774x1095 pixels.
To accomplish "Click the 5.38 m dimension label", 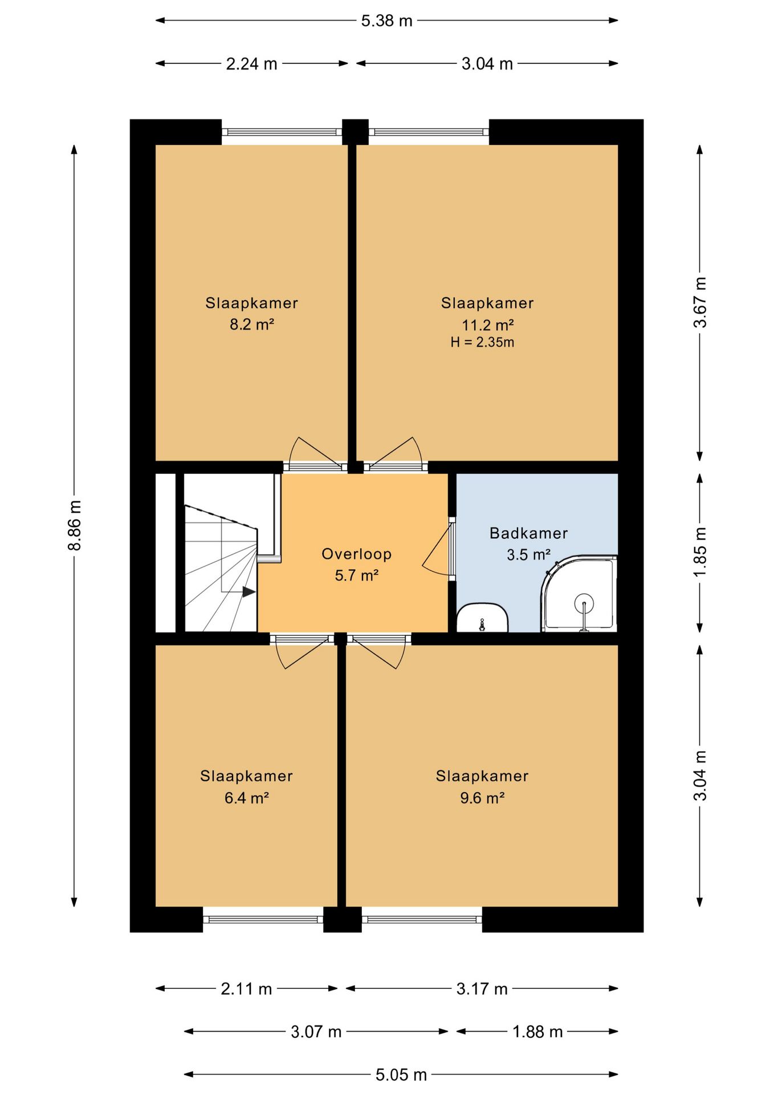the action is [x=386, y=21].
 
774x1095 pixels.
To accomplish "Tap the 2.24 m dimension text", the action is [x=251, y=64].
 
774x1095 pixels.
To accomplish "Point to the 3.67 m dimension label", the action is [x=700, y=302].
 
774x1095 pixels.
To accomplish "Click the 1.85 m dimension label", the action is [x=700, y=552].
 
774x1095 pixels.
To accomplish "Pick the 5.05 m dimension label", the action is [x=401, y=1075].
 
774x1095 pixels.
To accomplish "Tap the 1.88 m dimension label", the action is [x=537, y=1032].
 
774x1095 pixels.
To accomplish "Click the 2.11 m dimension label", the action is [x=246, y=988].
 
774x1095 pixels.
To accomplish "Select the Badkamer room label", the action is [x=528, y=533].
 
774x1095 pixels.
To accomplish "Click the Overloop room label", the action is [x=356, y=554].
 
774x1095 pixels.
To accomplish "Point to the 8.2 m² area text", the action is [x=252, y=325].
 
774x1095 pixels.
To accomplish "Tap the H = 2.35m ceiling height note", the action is [x=482, y=342].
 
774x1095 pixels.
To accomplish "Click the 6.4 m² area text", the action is [x=246, y=797].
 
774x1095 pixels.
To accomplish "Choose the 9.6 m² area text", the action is [x=482, y=797].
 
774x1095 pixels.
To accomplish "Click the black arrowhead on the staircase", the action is [x=249, y=592].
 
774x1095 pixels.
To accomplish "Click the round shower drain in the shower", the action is [x=584, y=603].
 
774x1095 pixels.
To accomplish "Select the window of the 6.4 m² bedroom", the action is [x=263, y=919].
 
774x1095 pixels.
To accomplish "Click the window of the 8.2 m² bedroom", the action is [x=282, y=132].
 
